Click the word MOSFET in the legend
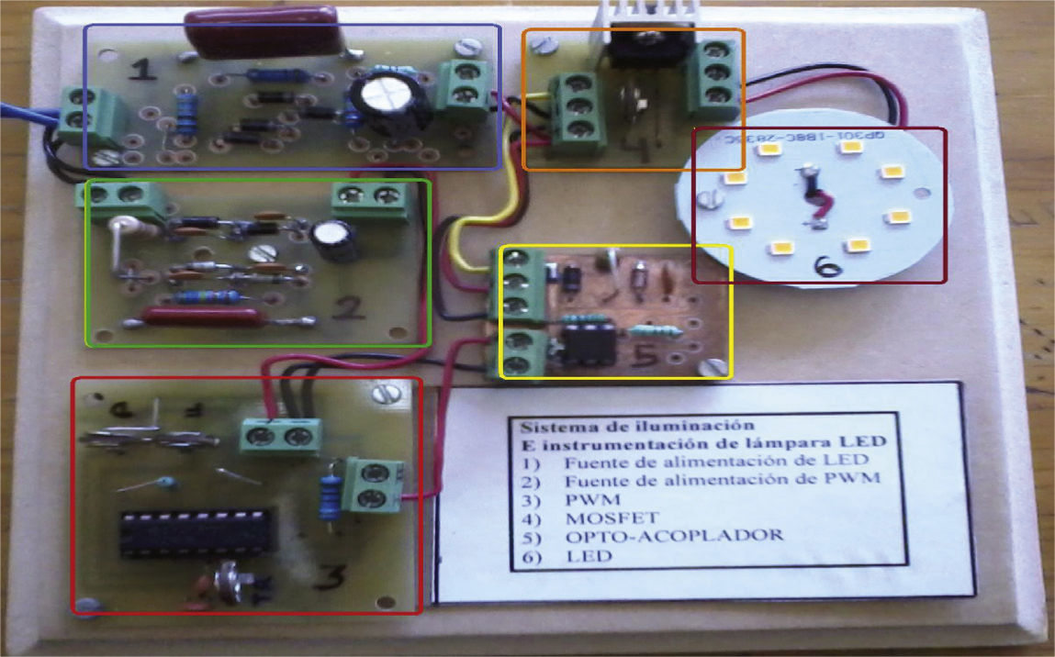click(601, 518)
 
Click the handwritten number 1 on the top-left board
click(140, 69)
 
